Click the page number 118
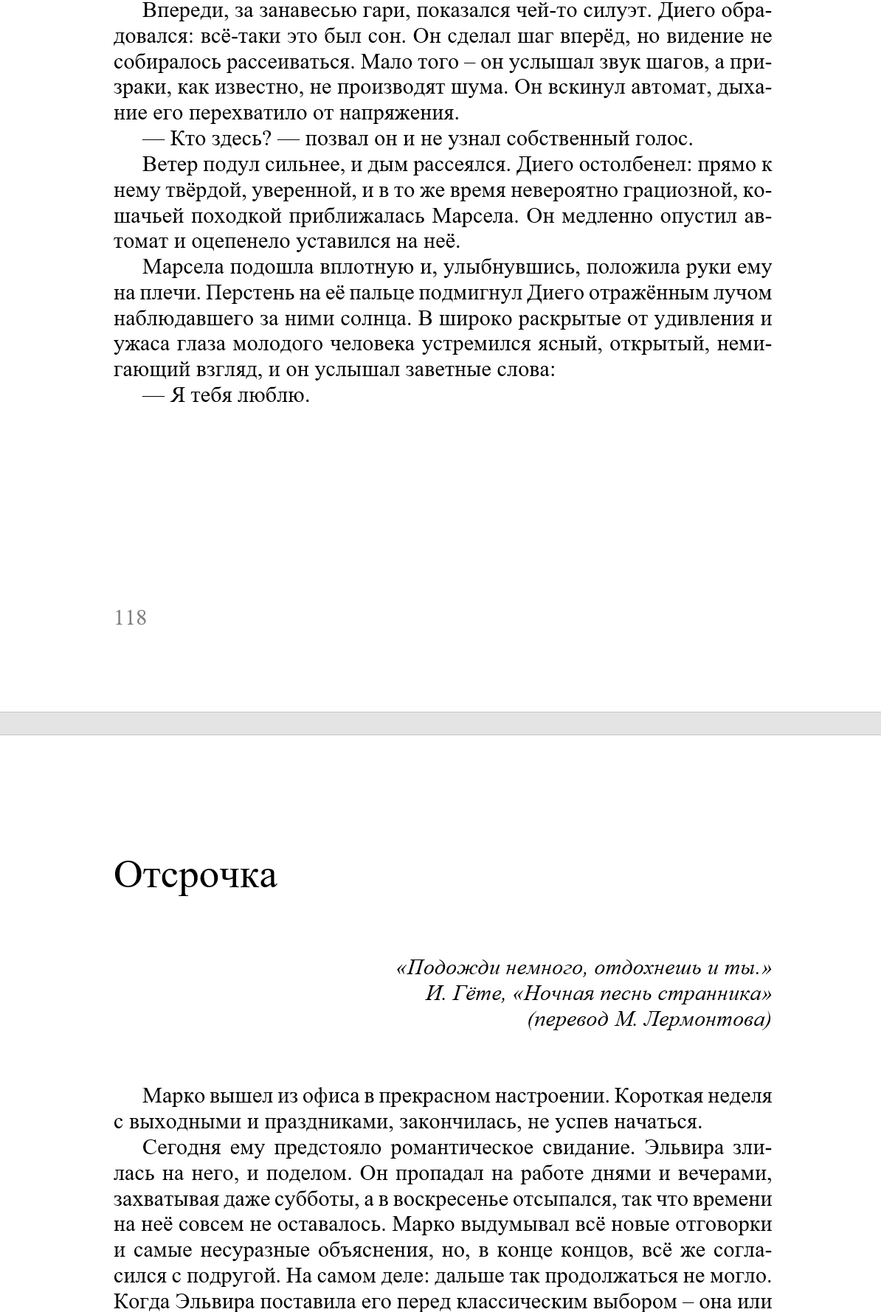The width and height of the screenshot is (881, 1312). (x=131, y=618)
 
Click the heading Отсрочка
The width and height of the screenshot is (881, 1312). (x=196, y=875)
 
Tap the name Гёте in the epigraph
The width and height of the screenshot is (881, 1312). (x=478, y=993)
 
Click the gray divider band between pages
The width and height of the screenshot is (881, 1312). (x=440, y=723)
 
